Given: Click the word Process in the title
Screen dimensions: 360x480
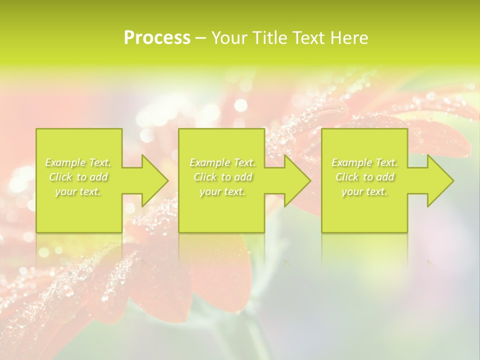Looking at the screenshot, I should (x=157, y=38).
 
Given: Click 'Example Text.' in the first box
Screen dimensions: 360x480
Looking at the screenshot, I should (x=78, y=162).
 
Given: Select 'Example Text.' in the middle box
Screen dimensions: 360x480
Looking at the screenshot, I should (x=222, y=162).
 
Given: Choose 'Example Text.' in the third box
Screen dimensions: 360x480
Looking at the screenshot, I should (x=364, y=162).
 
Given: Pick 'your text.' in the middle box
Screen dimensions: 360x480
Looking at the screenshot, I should (x=222, y=191).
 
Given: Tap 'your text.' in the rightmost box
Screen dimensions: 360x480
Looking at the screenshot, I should (x=364, y=191).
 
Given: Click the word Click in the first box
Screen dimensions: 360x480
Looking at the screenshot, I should (x=60, y=177).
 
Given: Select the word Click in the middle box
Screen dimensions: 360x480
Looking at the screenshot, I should (x=204, y=177).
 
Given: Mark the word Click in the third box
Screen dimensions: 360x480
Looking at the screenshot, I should (x=347, y=177).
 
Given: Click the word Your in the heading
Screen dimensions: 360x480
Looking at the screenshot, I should (x=229, y=38).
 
